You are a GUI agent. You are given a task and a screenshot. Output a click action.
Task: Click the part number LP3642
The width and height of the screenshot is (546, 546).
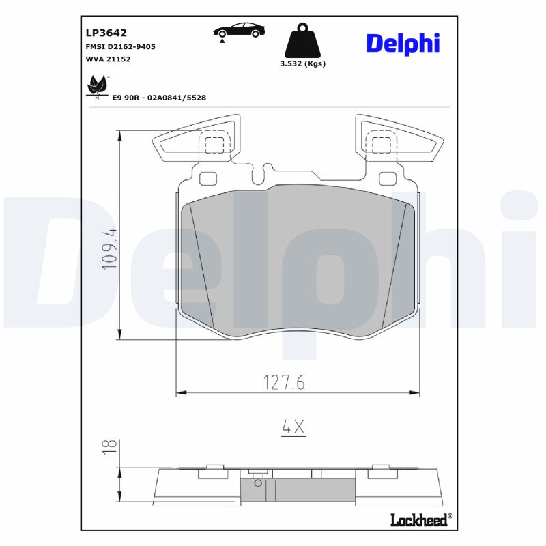click(x=106, y=32)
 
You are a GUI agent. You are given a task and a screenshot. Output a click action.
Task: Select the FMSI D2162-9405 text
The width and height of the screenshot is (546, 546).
click(x=120, y=46)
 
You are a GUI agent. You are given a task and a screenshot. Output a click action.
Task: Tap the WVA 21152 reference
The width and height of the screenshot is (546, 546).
click(x=108, y=59)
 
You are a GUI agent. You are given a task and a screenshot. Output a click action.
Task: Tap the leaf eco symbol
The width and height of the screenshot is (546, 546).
click(x=97, y=87)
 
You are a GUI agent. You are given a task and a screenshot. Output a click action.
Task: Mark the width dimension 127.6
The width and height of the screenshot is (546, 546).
click(x=283, y=383)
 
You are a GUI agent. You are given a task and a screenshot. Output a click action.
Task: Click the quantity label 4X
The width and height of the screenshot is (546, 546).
click(x=293, y=427)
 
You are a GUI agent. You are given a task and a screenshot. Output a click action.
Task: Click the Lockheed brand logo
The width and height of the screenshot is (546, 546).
click(x=419, y=520)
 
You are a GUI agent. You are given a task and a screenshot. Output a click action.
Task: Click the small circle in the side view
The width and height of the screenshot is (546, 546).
click(x=257, y=483)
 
